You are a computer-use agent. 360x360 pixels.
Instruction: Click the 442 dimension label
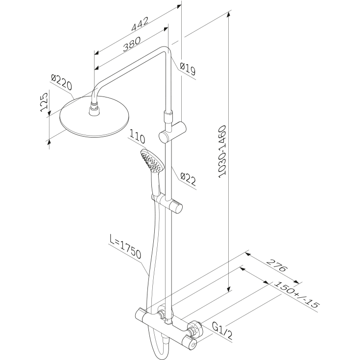(140, 24)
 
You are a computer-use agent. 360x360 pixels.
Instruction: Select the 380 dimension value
(132, 44)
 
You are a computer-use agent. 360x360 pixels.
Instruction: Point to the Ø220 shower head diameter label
(61, 82)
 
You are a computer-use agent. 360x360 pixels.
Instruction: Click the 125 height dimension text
(44, 102)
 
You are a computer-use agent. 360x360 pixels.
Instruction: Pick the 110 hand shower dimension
(137, 136)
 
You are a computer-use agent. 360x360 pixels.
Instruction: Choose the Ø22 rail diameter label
(188, 179)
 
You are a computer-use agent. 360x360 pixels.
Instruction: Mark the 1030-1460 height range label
(222, 151)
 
